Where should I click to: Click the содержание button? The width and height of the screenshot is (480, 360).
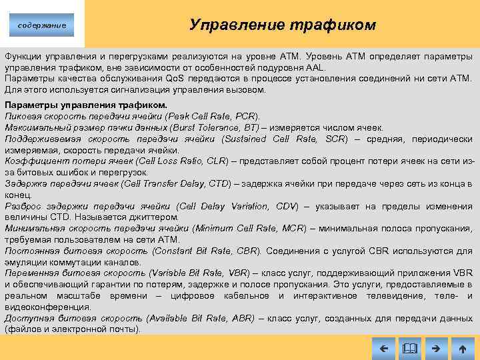pyautogui.click(x=41, y=25)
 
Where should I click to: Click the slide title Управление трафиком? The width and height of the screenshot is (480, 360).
pyautogui.click(x=283, y=25)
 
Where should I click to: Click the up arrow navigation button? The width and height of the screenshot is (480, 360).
pyautogui.click(x=463, y=348)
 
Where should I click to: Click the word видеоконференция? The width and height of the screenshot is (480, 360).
pyautogui.click(x=47, y=307)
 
